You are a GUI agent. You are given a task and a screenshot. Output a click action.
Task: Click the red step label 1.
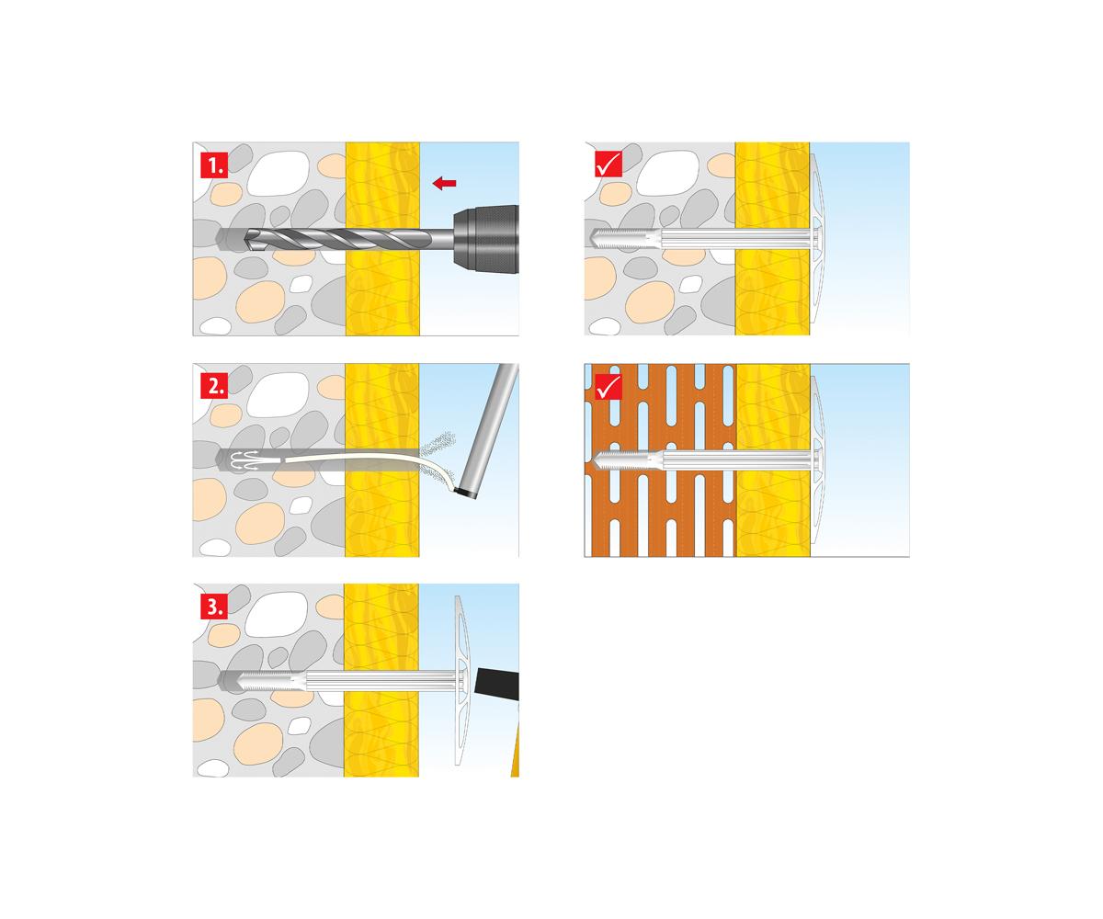[214, 165]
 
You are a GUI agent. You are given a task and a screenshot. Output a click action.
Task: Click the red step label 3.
[214, 606]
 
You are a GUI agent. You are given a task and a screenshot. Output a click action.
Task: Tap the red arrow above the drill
[444, 183]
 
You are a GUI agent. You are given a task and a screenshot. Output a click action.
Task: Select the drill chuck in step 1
[486, 239]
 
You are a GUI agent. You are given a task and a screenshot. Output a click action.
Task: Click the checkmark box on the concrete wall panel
[608, 164]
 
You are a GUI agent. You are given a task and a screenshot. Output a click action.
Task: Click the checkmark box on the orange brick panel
[608, 386]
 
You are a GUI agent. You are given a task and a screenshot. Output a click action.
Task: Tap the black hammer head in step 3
[497, 684]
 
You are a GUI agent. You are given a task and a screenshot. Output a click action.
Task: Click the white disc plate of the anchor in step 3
[461, 680]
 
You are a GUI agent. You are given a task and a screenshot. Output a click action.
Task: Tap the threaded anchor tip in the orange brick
[625, 460]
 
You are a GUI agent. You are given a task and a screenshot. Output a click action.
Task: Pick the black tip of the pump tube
[466, 494]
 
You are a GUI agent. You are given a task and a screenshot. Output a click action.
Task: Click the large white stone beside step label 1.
[279, 173]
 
